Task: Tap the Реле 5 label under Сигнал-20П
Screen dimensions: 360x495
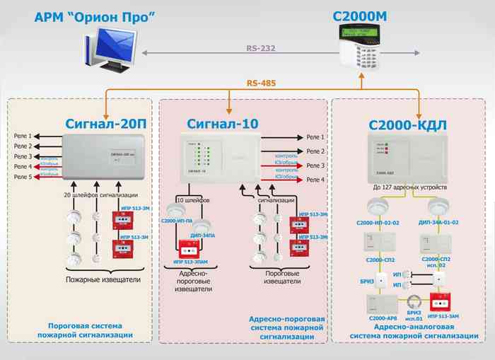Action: pyautogui.click(x=23, y=177)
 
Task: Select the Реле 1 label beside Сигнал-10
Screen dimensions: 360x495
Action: pyautogui.click(x=315, y=137)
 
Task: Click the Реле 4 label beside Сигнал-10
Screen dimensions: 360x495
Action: pyautogui.click(x=315, y=180)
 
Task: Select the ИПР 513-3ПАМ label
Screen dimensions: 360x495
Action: pyautogui.click(x=189, y=265)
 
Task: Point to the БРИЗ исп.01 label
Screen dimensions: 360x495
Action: pyautogui.click(x=414, y=315)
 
